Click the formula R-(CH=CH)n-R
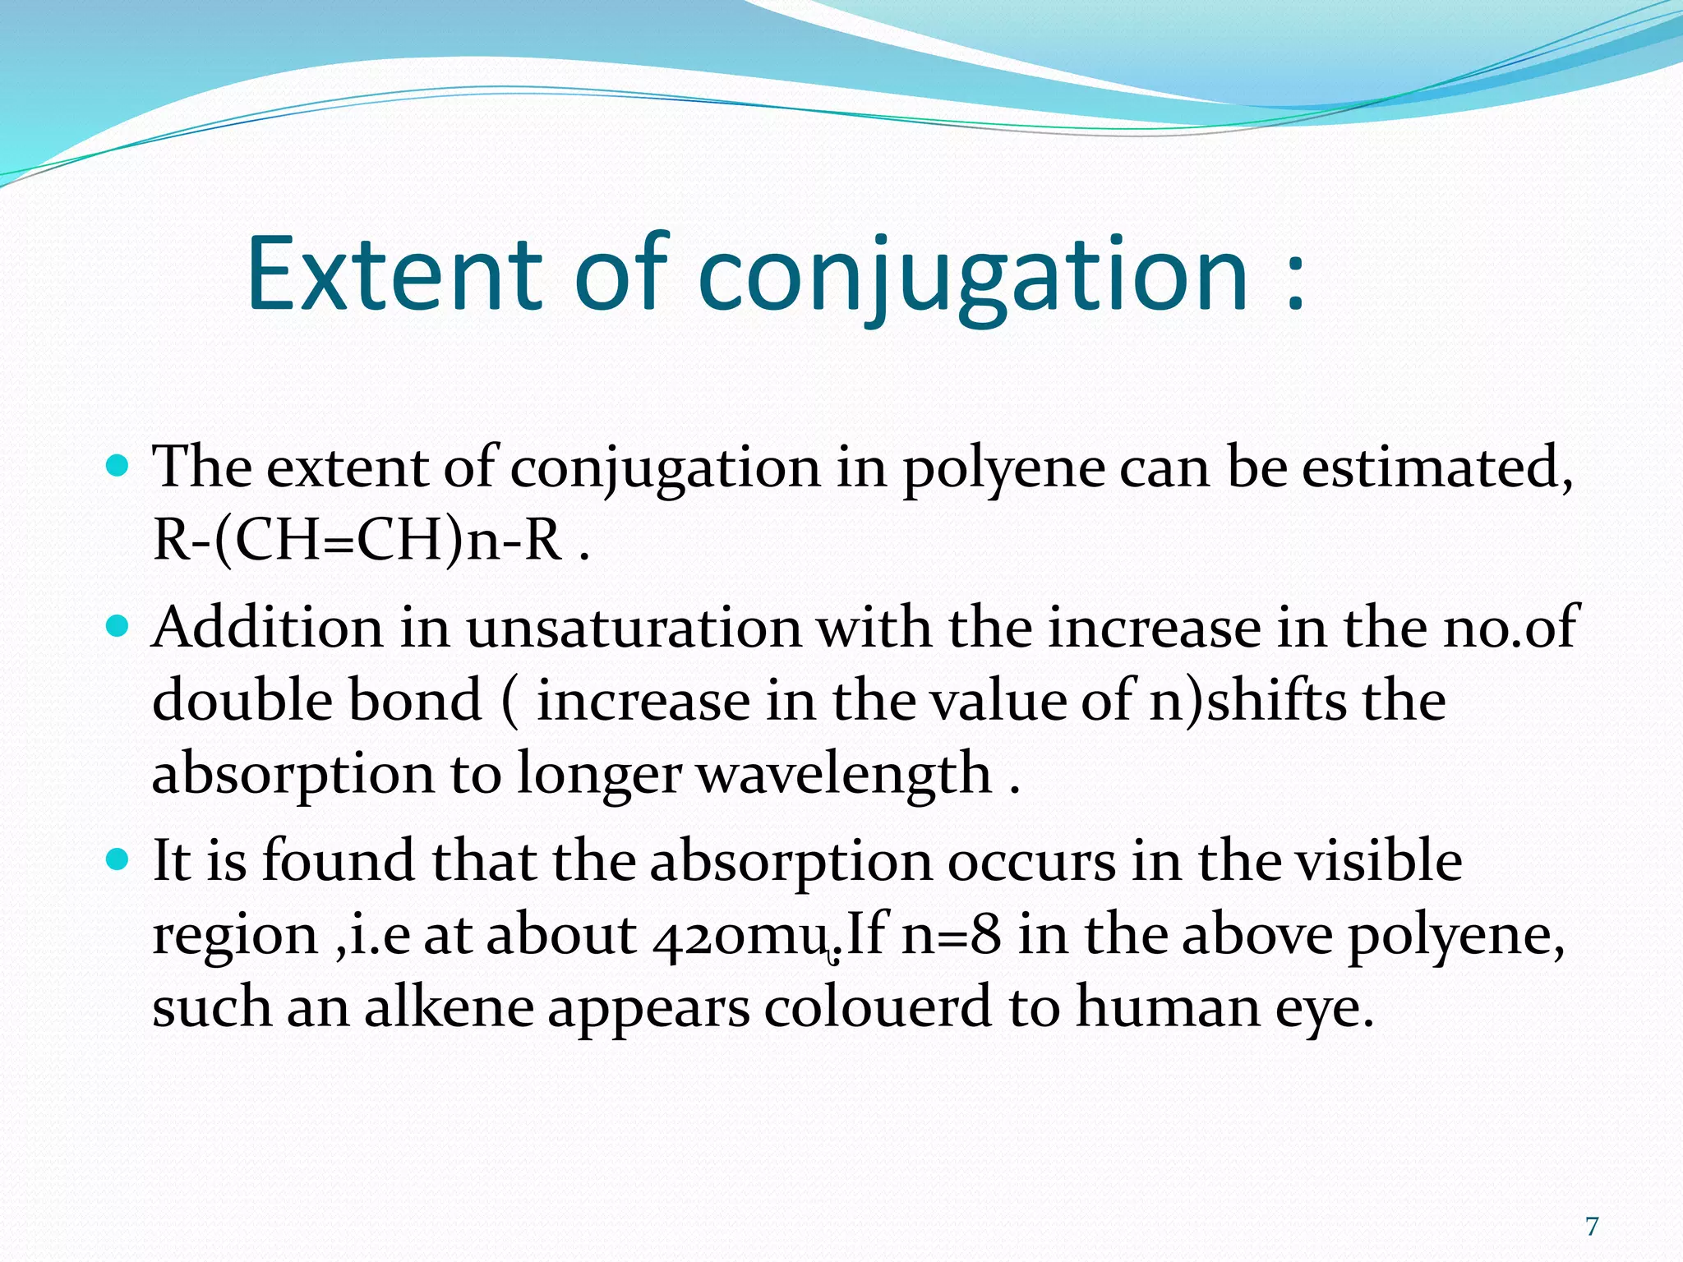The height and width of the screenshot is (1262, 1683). (x=358, y=541)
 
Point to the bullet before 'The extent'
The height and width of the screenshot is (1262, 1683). (x=118, y=467)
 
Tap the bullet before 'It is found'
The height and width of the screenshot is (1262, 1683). (x=118, y=860)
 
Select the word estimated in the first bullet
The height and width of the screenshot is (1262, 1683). (x=1437, y=467)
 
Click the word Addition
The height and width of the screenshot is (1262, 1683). (x=268, y=629)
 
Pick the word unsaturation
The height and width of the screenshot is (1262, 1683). (x=634, y=629)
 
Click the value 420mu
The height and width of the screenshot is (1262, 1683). (x=740, y=935)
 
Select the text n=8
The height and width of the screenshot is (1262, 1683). (x=951, y=935)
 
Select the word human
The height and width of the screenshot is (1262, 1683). (x=1168, y=1007)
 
